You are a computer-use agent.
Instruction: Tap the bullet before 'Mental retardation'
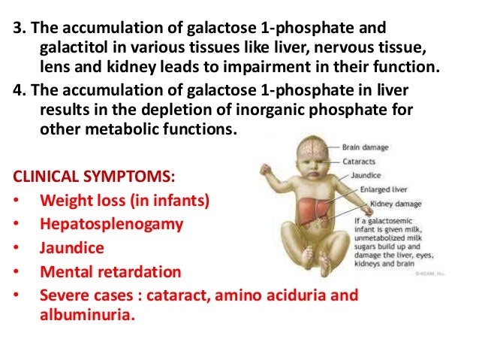[17, 271]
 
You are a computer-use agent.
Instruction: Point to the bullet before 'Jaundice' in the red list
[17, 247]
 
